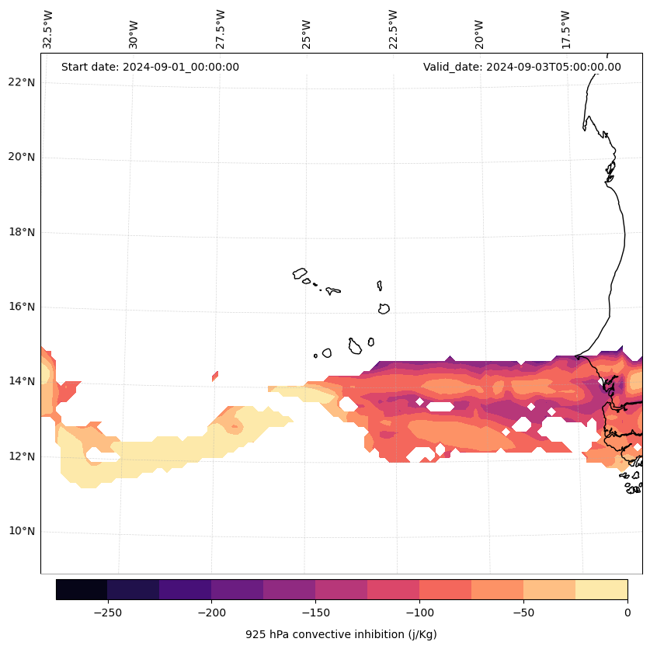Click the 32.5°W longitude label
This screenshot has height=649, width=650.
[48, 29]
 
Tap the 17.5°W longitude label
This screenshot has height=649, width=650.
[566, 29]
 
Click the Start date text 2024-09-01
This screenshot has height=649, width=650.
[150, 67]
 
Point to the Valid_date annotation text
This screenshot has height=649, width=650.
[522, 67]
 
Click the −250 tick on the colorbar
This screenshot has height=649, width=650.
[107, 613]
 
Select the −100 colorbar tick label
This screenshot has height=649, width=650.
[419, 613]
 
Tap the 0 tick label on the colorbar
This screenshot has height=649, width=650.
[627, 613]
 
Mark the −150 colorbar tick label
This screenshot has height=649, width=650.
[315, 613]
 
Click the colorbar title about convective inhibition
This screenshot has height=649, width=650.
[341, 634]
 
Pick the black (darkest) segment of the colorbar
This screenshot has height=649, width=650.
[82, 589]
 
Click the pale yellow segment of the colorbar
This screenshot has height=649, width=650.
[601, 589]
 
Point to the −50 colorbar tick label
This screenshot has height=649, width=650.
[523, 613]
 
